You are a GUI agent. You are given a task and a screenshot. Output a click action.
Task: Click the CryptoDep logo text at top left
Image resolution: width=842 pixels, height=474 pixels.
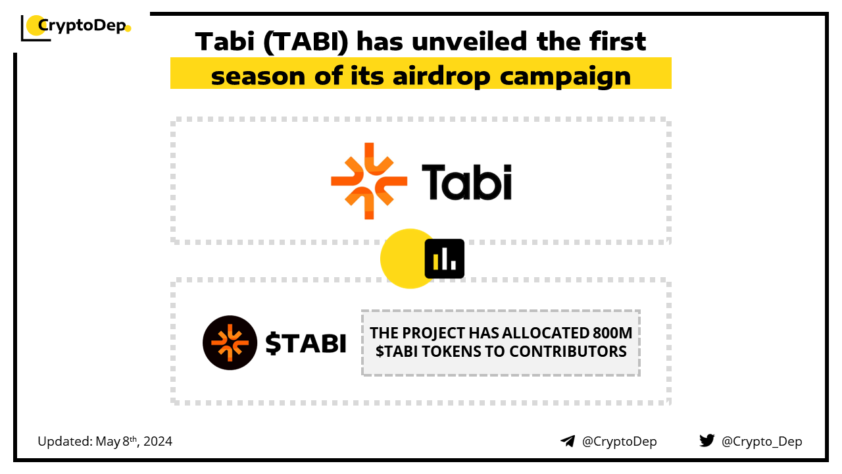82,26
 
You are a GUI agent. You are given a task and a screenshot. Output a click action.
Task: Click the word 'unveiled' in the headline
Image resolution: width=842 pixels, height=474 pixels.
470,41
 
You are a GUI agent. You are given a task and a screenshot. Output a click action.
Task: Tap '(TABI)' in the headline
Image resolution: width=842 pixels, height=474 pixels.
306,41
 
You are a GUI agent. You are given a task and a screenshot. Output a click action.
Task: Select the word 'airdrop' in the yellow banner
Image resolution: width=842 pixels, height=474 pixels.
441,76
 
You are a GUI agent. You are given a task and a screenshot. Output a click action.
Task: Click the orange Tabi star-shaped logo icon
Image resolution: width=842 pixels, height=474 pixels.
369,181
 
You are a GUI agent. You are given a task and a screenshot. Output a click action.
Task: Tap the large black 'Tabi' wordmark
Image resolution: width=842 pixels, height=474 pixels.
466,182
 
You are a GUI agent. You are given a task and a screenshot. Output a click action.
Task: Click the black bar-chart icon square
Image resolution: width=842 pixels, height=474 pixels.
444,259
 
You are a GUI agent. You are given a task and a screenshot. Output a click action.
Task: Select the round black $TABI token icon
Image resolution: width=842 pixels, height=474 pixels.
230,343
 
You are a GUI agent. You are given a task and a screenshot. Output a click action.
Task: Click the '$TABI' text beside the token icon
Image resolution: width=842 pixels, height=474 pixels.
306,343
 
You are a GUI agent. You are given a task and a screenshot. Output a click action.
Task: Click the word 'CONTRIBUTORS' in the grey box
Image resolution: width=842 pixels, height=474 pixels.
568,352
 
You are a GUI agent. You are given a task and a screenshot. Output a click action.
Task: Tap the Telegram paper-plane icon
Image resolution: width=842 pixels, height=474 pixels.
568,441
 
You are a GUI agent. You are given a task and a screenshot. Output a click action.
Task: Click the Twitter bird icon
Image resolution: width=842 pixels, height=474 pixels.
707,440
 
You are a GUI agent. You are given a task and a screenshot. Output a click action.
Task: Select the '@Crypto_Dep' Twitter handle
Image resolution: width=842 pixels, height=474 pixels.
762,442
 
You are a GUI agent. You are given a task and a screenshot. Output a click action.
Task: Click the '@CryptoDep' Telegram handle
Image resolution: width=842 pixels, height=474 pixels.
619,442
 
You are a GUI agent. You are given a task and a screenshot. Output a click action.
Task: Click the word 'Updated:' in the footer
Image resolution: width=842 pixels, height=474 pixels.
65,442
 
